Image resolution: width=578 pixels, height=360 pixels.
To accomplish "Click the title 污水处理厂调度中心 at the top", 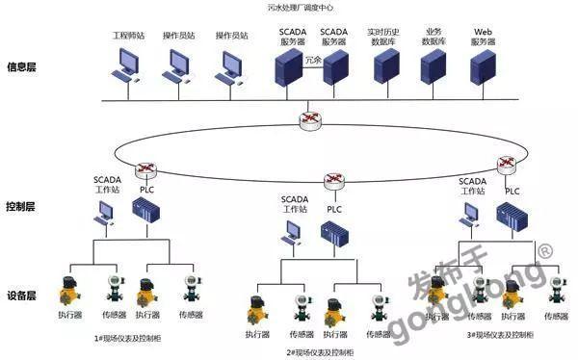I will click(x=288, y=8).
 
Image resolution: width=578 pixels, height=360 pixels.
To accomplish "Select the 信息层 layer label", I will click(x=23, y=68).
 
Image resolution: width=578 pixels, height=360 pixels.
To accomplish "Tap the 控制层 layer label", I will click(x=23, y=206).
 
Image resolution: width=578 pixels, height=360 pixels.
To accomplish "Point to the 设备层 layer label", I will click(x=23, y=296).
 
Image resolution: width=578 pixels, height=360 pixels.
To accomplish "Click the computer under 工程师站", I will click(x=126, y=65).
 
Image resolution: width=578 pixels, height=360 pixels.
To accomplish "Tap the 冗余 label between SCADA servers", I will click(x=312, y=60).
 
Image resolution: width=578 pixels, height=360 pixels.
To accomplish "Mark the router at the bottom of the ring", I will click(x=333, y=180).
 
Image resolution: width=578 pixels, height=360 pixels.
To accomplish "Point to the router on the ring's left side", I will click(x=145, y=169).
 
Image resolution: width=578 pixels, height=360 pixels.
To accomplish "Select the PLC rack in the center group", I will click(x=333, y=233).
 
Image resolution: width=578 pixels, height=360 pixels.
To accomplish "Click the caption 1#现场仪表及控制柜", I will click(x=130, y=338).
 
